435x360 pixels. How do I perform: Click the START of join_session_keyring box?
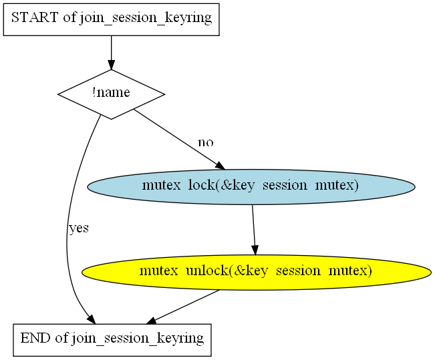click(x=111, y=19)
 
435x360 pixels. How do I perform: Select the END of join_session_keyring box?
click(x=112, y=340)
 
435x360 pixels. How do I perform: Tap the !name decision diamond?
click(x=111, y=94)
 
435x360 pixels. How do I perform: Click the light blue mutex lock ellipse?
click(x=251, y=187)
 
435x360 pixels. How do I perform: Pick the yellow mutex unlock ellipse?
click(x=257, y=273)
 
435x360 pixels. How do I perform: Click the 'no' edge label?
click(x=206, y=142)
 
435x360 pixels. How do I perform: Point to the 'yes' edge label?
click(x=79, y=228)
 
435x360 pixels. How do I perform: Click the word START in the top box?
click(x=35, y=17)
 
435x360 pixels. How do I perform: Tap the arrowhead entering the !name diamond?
click(x=111, y=65)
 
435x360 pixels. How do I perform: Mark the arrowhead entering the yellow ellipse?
click(x=255, y=250)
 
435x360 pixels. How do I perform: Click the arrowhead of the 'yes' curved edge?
click(x=92, y=319)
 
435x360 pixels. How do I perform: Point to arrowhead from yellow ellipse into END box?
click(x=151, y=321)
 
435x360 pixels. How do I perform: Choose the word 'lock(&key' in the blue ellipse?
click(x=221, y=185)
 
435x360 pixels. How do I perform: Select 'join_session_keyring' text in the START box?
click(x=146, y=18)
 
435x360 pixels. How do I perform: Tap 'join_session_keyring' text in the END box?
click(x=138, y=339)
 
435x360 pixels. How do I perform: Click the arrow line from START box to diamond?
click(x=111, y=53)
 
